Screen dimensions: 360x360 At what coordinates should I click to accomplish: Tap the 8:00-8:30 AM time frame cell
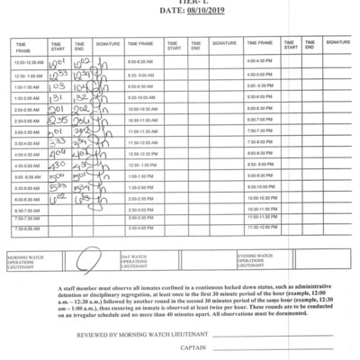point(143,61)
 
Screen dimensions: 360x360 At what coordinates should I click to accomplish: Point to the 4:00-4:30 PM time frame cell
point(261,61)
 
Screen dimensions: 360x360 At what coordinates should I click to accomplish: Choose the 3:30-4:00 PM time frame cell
point(143,229)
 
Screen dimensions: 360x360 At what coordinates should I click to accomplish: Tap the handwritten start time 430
point(57,165)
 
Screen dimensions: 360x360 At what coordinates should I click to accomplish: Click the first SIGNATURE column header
point(108,42)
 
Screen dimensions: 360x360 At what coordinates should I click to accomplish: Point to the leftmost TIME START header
point(58,44)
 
